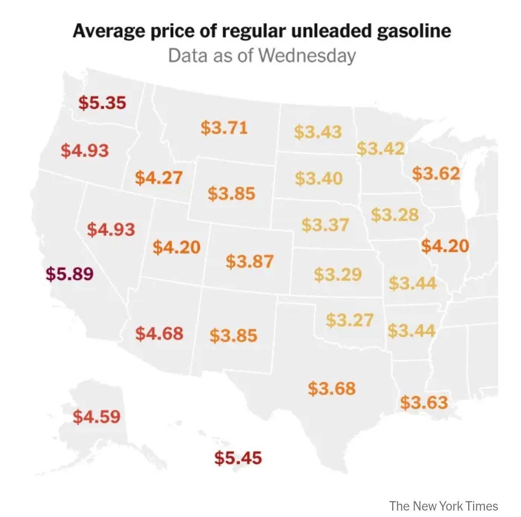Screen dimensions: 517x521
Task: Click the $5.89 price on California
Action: coord(70,274)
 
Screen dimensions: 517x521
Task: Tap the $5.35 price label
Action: coord(102,103)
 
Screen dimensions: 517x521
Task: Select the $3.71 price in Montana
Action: coord(224,128)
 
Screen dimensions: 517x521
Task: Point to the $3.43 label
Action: coord(318,132)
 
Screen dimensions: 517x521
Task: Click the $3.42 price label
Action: coord(381,149)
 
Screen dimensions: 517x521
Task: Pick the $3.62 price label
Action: coord(436,173)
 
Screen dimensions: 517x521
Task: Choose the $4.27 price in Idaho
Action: coord(158,177)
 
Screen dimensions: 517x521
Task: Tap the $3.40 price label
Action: coord(319,178)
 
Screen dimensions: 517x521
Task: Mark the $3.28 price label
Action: coord(395,214)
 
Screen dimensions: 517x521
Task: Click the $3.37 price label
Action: coord(325,225)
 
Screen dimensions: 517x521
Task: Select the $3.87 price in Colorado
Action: coord(250,261)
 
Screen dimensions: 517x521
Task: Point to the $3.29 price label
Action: coord(338,274)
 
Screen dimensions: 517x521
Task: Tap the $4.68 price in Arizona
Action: coord(159,333)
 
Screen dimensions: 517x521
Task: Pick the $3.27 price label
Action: coord(350,320)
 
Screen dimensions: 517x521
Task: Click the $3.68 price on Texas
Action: coord(332,389)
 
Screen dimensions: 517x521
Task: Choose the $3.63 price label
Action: coord(424,402)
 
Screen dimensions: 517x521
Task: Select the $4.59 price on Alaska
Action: coord(97,416)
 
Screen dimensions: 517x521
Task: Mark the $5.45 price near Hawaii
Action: coord(238,458)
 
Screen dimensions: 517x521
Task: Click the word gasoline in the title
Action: coord(414,31)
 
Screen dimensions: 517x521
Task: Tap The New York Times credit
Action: coord(444,506)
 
